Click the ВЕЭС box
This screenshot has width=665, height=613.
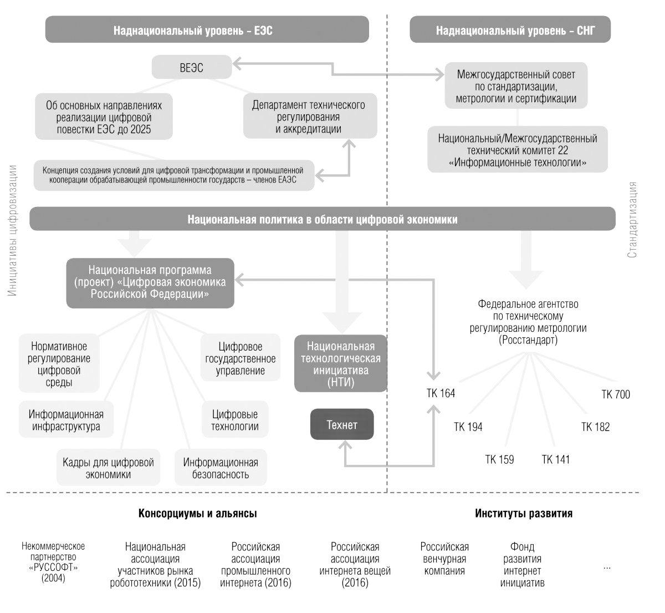click(191, 68)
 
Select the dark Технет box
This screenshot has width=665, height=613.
click(342, 425)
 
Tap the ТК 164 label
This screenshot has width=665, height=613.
click(441, 393)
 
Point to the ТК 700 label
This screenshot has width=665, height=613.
click(616, 395)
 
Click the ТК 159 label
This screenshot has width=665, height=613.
click(499, 459)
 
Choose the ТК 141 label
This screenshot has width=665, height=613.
click(555, 459)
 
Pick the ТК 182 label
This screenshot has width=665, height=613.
click(595, 427)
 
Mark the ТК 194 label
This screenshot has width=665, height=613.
click(468, 427)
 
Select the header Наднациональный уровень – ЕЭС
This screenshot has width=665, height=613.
click(207, 30)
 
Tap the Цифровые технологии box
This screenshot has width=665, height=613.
click(235, 421)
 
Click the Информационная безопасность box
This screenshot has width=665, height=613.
click(221, 468)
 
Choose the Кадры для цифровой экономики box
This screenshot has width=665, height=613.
click(108, 468)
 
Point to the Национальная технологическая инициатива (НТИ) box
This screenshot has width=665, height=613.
click(341, 364)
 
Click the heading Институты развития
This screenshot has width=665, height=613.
click(523, 513)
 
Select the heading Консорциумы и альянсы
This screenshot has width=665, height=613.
click(197, 513)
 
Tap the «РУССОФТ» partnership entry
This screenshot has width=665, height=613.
click(53, 563)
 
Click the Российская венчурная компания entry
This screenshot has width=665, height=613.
click(444, 559)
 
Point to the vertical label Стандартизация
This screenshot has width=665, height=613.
click(632, 220)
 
